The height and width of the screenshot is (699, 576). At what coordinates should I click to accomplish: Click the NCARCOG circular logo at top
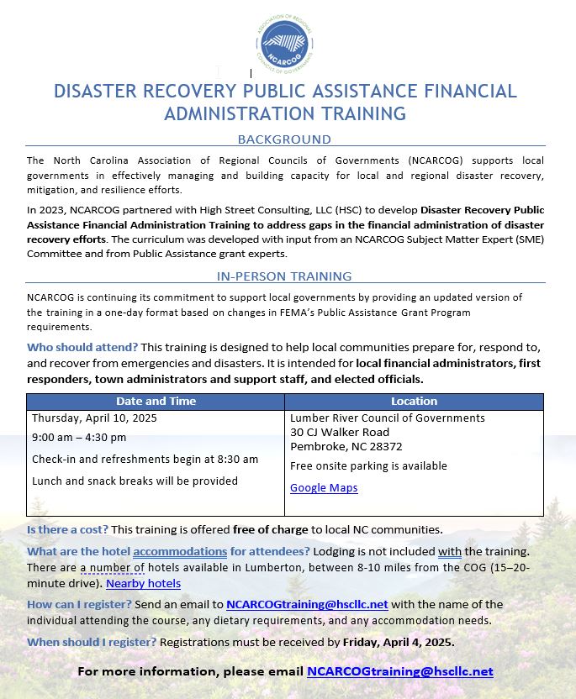click(x=288, y=44)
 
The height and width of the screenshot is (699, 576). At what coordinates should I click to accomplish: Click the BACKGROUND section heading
click(x=284, y=139)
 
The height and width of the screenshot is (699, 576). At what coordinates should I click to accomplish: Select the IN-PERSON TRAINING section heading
click(x=284, y=276)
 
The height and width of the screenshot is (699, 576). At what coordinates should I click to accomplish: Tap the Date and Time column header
click(x=156, y=402)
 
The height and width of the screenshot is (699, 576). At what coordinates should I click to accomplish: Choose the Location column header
click(x=414, y=402)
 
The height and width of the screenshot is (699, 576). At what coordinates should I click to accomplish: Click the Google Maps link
click(x=324, y=487)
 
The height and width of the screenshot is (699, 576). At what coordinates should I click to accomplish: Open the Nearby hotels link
click(x=143, y=583)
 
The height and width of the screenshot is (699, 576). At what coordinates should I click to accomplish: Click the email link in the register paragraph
click(x=307, y=604)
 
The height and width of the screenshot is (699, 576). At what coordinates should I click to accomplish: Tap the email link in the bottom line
click(x=399, y=671)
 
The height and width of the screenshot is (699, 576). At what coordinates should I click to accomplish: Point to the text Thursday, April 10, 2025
click(x=94, y=418)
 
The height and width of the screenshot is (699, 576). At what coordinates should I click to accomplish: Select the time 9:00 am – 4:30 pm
click(x=79, y=437)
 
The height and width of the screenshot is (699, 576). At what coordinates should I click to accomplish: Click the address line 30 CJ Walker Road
click(x=340, y=432)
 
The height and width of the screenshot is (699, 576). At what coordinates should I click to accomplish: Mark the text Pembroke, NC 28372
click(x=346, y=446)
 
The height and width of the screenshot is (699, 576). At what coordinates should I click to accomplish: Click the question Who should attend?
click(x=82, y=347)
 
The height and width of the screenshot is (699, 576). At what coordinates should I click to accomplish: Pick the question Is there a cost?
click(x=67, y=529)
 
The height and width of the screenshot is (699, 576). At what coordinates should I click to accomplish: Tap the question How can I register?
click(x=79, y=604)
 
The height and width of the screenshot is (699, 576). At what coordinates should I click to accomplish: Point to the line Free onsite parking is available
click(x=368, y=465)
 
